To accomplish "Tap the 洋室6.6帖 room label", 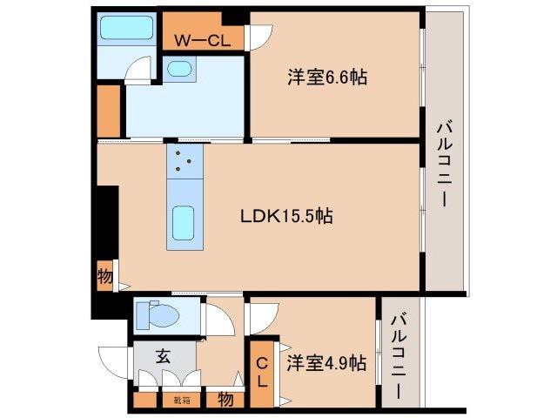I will (327, 78).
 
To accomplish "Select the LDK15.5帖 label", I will (287, 215).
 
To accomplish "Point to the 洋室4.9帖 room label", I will (326, 363).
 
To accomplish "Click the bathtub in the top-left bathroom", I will (127, 28).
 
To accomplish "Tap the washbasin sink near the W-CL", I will (181, 68).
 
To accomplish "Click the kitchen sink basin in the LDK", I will (184, 222).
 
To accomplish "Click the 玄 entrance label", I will (163, 355).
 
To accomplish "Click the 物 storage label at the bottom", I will (225, 400).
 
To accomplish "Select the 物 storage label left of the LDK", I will (105, 277).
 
